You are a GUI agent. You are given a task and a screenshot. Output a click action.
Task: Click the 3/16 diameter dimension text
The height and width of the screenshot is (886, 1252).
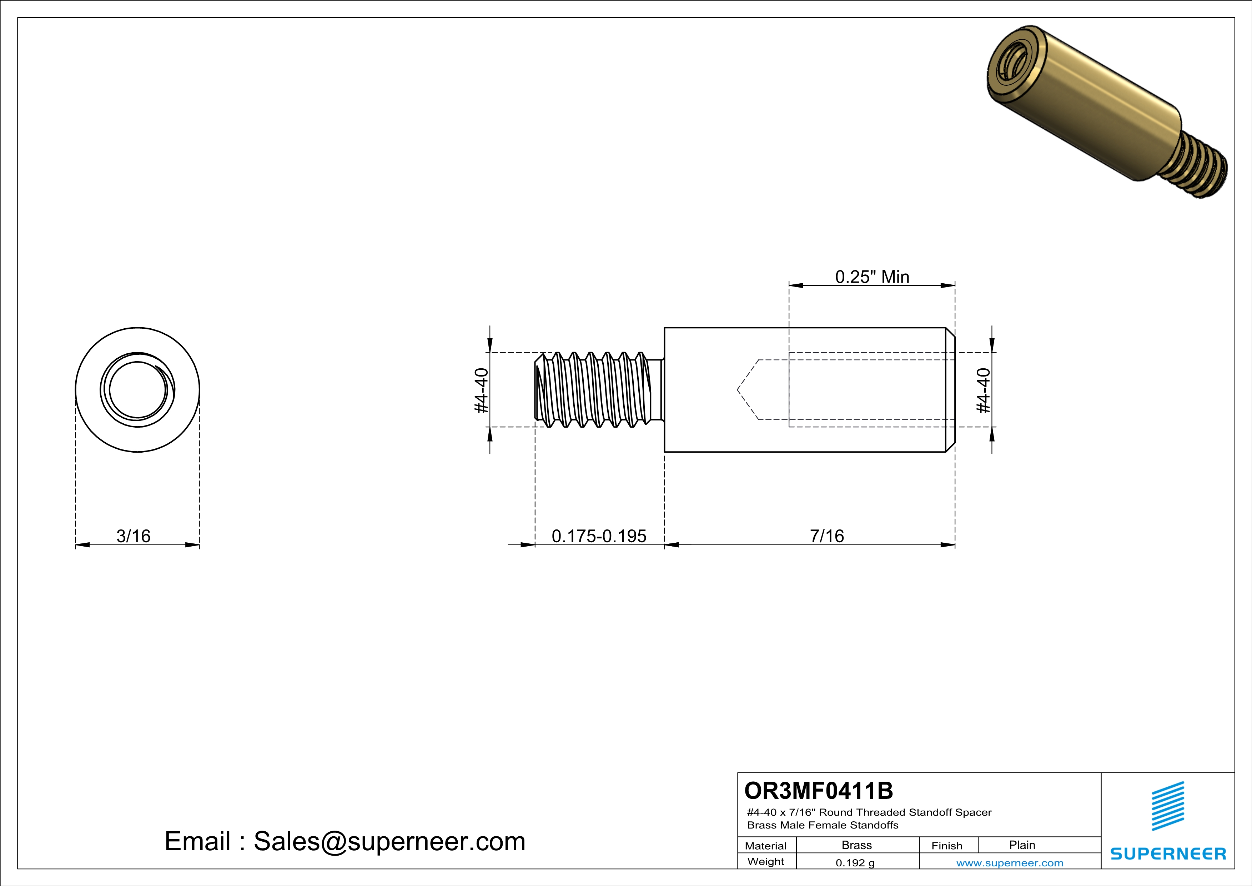coord(133,536)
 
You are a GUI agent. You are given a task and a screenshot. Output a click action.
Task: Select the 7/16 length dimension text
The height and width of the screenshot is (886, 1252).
coord(827,536)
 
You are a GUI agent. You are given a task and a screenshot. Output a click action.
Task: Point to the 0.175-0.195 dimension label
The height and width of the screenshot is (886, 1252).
coord(599,536)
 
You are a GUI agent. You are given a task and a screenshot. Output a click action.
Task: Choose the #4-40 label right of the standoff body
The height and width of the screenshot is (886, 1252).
coord(983,390)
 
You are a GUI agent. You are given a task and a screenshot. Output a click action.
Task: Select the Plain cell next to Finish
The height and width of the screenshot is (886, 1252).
coord(1021,845)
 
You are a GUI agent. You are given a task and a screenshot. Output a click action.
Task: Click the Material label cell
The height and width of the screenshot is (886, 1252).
coord(766,846)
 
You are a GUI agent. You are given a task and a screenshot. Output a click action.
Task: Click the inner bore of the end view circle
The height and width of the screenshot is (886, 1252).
coord(137,390)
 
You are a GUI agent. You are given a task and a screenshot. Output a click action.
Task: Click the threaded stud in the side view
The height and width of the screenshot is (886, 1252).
coord(594,389)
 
